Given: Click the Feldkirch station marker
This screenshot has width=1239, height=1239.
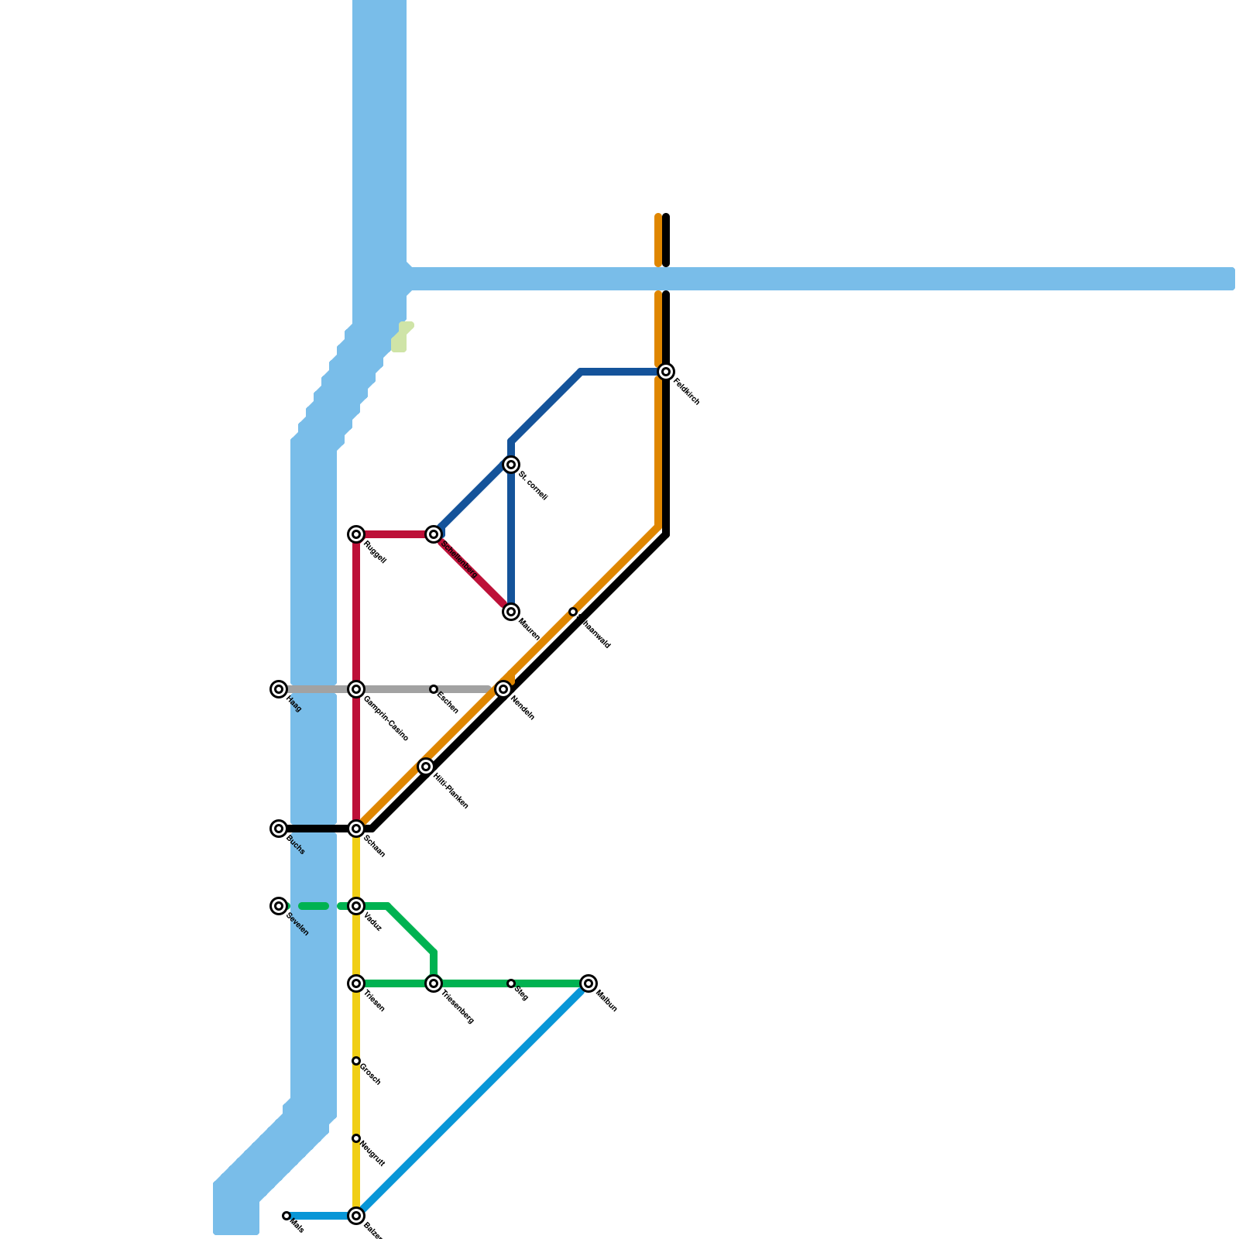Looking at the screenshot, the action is [666, 372].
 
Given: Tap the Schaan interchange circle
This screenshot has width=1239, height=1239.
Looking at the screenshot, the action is [356, 829].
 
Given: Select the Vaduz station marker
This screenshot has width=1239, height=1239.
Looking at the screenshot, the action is [356, 906].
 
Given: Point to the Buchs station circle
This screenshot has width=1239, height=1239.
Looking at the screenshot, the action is [279, 829].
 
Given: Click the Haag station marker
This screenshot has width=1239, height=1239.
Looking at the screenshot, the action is [279, 689].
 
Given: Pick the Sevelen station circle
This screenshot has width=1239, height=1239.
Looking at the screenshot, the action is [279, 906].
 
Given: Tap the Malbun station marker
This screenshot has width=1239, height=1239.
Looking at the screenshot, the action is [589, 983].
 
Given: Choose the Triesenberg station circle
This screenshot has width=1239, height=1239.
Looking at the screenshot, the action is [434, 983].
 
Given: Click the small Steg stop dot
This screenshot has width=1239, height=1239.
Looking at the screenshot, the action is [511, 983].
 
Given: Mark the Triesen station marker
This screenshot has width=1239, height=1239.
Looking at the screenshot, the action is [356, 983].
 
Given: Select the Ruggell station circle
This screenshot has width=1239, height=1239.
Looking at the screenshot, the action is [356, 534].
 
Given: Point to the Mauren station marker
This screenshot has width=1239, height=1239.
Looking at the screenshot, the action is [511, 612].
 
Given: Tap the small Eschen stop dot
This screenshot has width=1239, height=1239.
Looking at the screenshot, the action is [434, 689].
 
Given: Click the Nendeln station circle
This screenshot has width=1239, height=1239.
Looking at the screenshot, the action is [503, 689].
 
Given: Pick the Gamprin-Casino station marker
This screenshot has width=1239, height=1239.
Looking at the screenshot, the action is [356, 689].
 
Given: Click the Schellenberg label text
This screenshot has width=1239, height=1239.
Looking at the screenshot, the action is [458, 558].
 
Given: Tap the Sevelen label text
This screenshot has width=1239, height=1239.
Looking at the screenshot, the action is [297, 925].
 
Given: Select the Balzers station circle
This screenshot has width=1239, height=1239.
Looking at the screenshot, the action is [356, 1216].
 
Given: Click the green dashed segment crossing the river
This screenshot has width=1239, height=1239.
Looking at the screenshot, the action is [314, 906].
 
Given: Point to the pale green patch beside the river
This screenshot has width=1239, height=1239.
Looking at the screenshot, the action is [401, 337].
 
